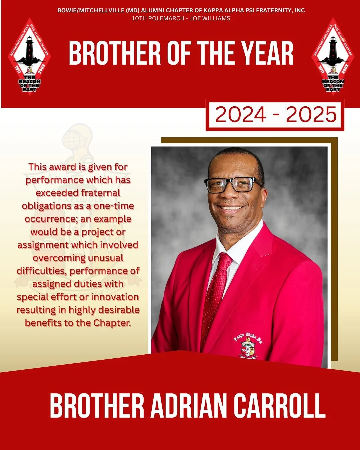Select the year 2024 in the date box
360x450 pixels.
pos(240,115)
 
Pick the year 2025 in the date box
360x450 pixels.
pos(311,115)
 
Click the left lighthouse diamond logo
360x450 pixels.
pos(29,57)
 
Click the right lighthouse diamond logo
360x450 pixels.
pos(333,57)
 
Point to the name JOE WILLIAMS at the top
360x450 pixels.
pos(210,18)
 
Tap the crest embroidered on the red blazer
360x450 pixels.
pos(248,347)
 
